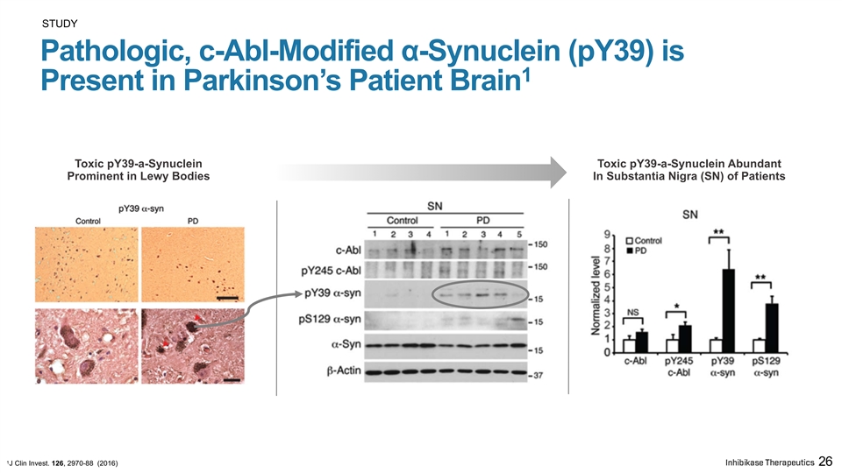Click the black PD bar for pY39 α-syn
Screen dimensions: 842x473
tap(728, 311)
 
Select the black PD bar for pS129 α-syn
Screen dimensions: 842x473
tap(772, 328)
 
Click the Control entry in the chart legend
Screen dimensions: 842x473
tap(645, 241)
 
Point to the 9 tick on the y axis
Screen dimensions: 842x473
tap(607, 235)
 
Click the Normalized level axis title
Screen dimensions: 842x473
tap(596, 295)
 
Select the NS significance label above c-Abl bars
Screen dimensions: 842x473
tap(632, 312)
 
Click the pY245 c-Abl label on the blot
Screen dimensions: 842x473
tap(331, 271)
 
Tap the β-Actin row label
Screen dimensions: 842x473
tap(344, 370)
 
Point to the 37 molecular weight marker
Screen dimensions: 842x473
tap(538, 376)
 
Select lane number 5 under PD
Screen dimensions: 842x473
tap(518, 235)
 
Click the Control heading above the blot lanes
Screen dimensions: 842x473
tap(403, 221)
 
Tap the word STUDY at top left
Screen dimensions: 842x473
tap(60, 24)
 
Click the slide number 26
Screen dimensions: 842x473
tap(825, 462)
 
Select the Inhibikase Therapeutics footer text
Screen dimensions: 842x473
tap(769, 462)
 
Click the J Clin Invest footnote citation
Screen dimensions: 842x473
tap(62, 462)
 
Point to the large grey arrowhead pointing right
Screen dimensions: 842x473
tap(559, 173)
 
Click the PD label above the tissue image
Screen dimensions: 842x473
tap(193, 221)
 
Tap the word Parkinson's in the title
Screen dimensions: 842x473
tap(263, 81)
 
